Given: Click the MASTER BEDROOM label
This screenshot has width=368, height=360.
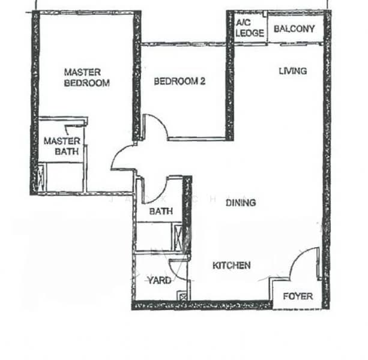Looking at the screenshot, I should click(x=86, y=77).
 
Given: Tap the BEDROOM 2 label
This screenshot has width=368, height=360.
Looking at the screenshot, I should click(x=179, y=81).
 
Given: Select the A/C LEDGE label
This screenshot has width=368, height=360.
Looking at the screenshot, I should click(x=249, y=28).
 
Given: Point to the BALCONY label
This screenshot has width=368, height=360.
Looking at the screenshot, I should click(x=294, y=28).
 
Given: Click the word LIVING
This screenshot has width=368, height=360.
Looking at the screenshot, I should click(x=292, y=71).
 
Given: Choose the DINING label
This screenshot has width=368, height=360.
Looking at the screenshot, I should click(x=241, y=202).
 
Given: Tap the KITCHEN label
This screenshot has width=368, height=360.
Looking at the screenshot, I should click(x=232, y=265).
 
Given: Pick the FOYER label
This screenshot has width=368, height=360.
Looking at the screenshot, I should click(x=298, y=296).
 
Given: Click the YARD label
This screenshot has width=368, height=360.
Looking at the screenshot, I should click(x=159, y=280).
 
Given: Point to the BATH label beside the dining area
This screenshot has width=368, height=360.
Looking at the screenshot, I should click(x=161, y=211).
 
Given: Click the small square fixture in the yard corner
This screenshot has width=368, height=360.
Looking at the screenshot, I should click(x=182, y=295).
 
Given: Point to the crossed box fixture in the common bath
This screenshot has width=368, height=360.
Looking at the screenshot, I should click(x=178, y=236).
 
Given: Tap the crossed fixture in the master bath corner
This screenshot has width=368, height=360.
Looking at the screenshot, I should click(x=41, y=179).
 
